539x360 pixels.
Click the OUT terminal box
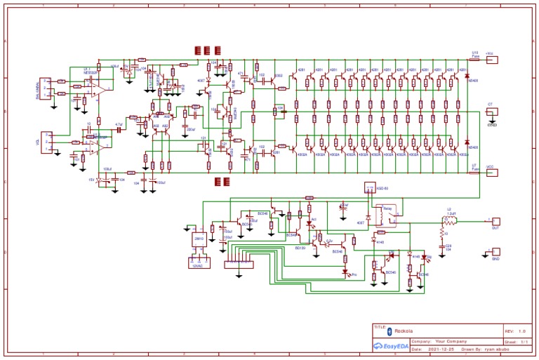pos(495,221)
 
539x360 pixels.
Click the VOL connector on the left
pos(48,141)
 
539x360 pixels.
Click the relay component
pos(387,214)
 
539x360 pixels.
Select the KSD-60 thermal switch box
pos(371,188)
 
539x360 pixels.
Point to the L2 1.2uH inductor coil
pos(448,220)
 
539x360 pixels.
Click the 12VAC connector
pos(197,260)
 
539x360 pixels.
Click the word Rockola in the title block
pos(404,331)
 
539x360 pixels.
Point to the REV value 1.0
pos(521,331)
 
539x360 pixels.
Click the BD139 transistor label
pos(300,247)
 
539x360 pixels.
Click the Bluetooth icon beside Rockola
pos(390,331)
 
